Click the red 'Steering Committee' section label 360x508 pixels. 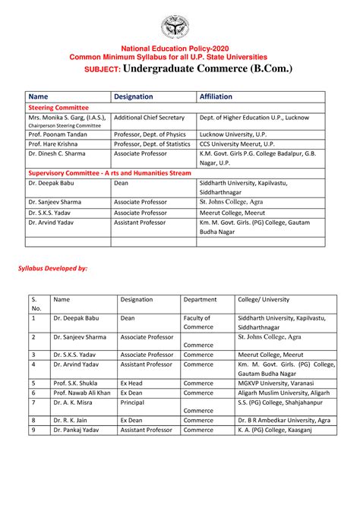[58, 108]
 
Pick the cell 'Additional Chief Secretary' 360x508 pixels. [149, 118]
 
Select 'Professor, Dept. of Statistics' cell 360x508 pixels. [157, 143]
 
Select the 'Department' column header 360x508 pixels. [200, 299]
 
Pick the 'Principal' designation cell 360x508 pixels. [134, 402]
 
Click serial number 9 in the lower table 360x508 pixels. [33, 430]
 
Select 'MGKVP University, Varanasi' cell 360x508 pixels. [274, 383]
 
